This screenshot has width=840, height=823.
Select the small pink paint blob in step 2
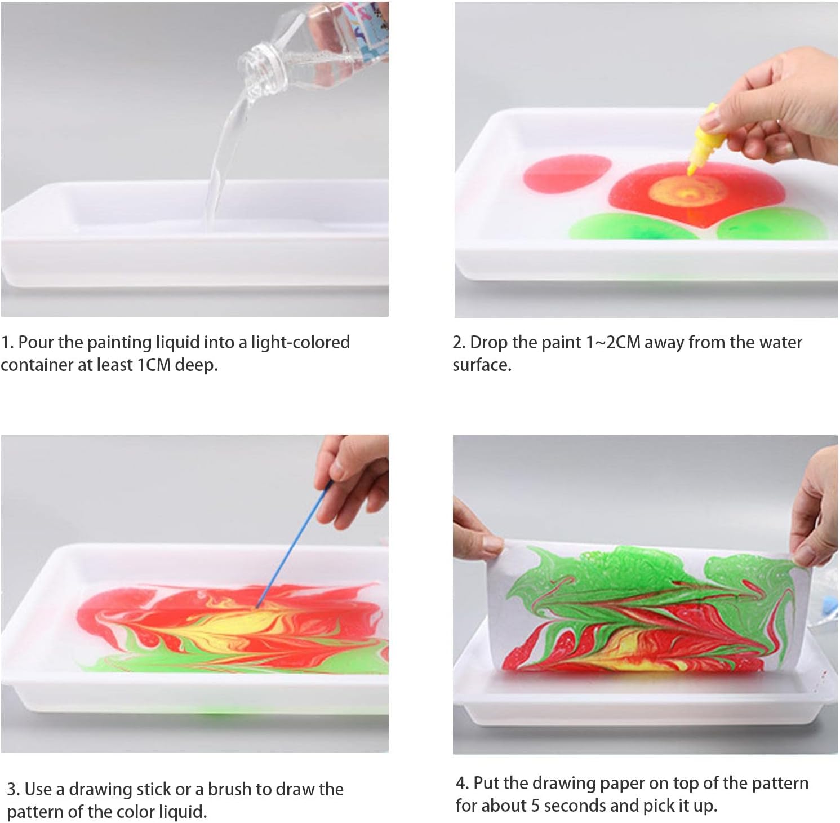(x=567, y=174)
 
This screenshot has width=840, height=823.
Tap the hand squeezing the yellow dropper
(x=778, y=107)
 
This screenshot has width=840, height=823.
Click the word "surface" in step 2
(x=481, y=365)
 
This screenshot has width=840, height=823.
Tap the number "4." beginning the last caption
(x=462, y=783)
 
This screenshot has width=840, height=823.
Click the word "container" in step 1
(x=37, y=365)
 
